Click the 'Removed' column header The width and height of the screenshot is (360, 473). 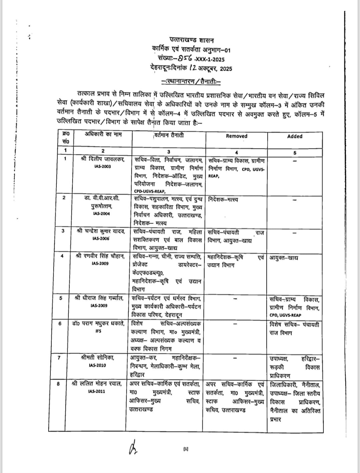tap(236, 136)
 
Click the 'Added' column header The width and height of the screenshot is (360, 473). tap(295, 136)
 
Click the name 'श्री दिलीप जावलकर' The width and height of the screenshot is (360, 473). tap(103, 159)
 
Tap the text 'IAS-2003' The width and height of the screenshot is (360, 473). tap(103, 166)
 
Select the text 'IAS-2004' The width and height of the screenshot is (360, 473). tap(102, 213)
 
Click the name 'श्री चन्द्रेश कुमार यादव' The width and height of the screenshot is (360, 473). tap(100, 231)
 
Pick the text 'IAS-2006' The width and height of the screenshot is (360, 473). tap(101, 239)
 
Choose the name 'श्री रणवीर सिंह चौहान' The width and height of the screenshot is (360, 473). tap(100, 256)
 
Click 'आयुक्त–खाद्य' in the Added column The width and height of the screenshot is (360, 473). tap(284, 258)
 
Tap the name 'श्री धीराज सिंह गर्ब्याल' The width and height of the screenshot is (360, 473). tap(100, 298)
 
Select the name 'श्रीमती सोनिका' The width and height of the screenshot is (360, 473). tap(98, 358)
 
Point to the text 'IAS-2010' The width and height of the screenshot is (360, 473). tap(98, 365)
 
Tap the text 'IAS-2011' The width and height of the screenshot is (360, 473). tap(97, 391)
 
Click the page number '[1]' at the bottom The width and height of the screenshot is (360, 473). tap(186, 449)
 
